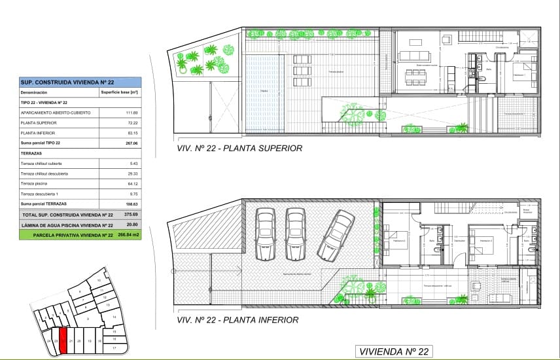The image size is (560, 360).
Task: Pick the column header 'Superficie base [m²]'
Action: [120, 93]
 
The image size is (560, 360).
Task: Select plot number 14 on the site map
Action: [113, 317]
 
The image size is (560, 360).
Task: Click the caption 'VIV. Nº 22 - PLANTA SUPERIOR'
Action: [239, 149]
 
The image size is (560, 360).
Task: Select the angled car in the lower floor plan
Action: [335, 233]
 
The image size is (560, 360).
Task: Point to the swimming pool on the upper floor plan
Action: [264, 91]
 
